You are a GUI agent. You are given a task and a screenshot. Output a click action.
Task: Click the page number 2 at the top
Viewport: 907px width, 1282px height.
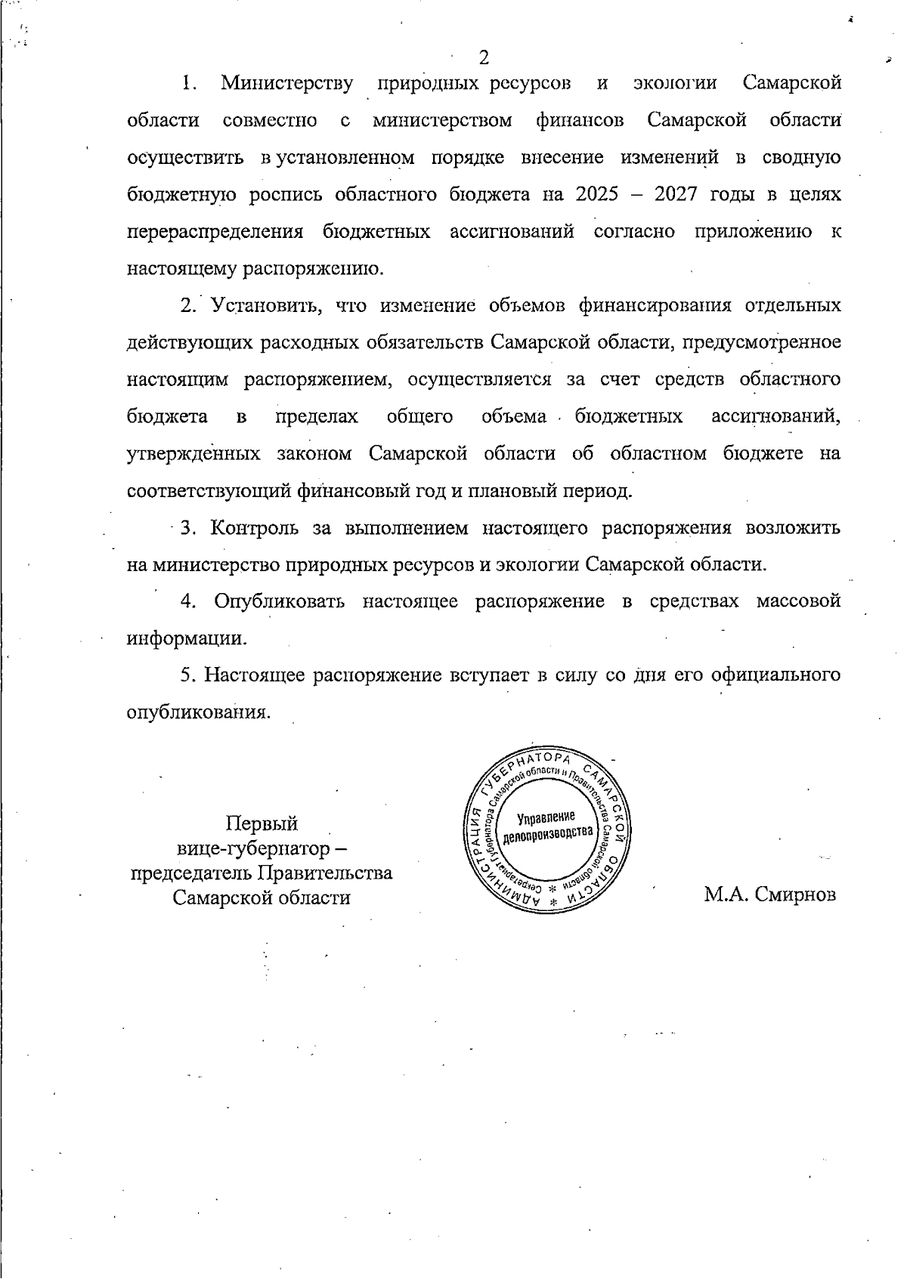coord(484,57)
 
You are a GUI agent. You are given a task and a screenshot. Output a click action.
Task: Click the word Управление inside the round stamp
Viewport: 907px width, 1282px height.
coord(546,817)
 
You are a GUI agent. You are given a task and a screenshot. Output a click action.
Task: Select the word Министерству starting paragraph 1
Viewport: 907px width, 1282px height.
coord(286,83)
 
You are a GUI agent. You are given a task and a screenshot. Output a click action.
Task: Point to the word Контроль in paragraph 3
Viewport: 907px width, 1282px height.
coord(255,527)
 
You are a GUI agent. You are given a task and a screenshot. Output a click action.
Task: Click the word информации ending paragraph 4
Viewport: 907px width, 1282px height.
coord(186,638)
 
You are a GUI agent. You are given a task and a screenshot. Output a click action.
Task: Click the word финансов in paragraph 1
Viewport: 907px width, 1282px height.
coord(580,121)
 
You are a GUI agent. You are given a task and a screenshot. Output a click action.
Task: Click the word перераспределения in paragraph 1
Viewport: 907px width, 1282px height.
coord(215,232)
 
